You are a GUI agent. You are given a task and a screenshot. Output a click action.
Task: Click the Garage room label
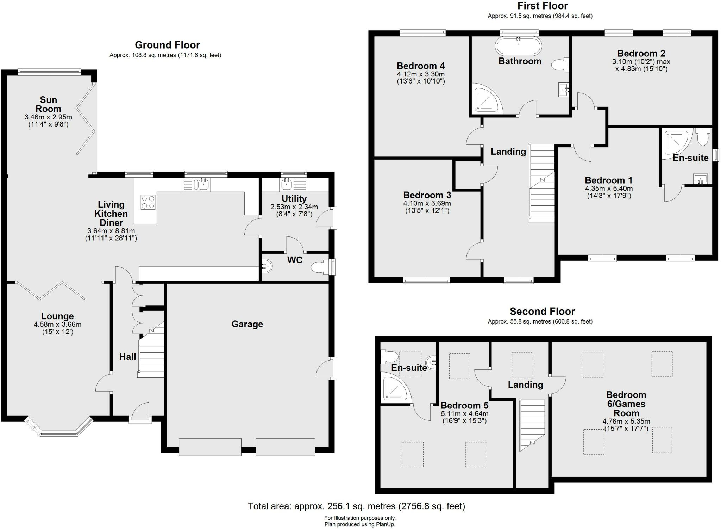click(x=247, y=324)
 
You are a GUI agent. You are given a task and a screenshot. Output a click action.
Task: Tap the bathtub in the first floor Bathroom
click(x=519, y=46)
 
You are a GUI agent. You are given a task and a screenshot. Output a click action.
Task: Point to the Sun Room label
click(x=48, y=104)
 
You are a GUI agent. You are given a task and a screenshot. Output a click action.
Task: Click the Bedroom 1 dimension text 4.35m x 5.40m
click(x=609, y=189)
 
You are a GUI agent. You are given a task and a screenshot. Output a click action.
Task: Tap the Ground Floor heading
click(x=167, y=45)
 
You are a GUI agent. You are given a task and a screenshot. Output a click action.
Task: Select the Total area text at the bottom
click(x=356, y=506)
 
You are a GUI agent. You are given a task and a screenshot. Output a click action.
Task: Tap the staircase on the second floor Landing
click(x=532, y=423)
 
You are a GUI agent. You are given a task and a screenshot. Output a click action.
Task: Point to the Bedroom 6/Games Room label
click(x=626, y=404)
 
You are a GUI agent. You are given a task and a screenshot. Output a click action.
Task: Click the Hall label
click(x=127, y=357)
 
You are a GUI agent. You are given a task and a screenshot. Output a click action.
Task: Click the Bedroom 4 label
click(x=420, y=66)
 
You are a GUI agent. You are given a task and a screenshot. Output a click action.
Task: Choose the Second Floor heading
click(x=542, y=312)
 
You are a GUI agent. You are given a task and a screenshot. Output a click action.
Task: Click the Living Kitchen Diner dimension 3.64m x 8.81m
click(x=111, y=231)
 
